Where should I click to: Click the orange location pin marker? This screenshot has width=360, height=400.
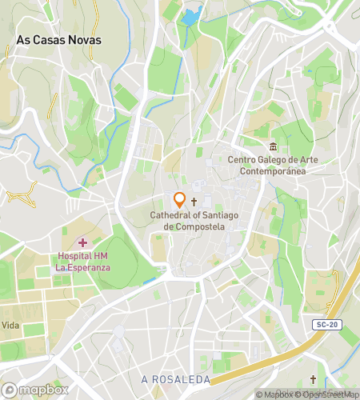180,200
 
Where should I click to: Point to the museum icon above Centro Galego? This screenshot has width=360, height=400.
274,146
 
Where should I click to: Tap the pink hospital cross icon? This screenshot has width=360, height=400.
83,242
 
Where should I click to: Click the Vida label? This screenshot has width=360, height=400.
10,326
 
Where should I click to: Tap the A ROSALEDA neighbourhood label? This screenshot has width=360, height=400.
175,379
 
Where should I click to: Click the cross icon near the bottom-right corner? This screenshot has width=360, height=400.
313,378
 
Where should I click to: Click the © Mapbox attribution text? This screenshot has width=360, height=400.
274,394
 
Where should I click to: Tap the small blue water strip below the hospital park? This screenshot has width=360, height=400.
149,281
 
